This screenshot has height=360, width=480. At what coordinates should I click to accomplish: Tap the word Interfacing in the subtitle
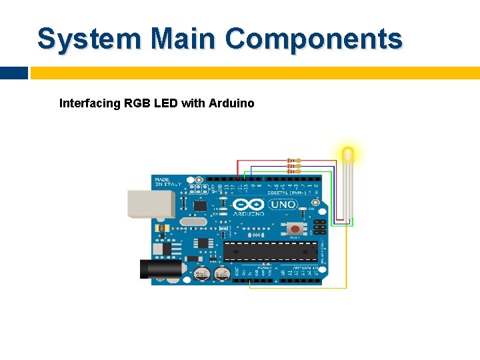point(90,103)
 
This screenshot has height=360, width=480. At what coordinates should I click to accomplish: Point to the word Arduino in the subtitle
point(231,103)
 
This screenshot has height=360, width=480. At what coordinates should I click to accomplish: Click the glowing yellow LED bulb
point(348,155)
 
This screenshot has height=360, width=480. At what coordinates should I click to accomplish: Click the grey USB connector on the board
point(151,203)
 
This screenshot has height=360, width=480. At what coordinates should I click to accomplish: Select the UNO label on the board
point(283,205)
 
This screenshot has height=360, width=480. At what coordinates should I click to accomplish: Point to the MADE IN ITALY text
point(163,183)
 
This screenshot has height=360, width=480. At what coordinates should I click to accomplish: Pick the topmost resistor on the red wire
point(293,161)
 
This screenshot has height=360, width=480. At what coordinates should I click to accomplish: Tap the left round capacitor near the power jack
point(202,273)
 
